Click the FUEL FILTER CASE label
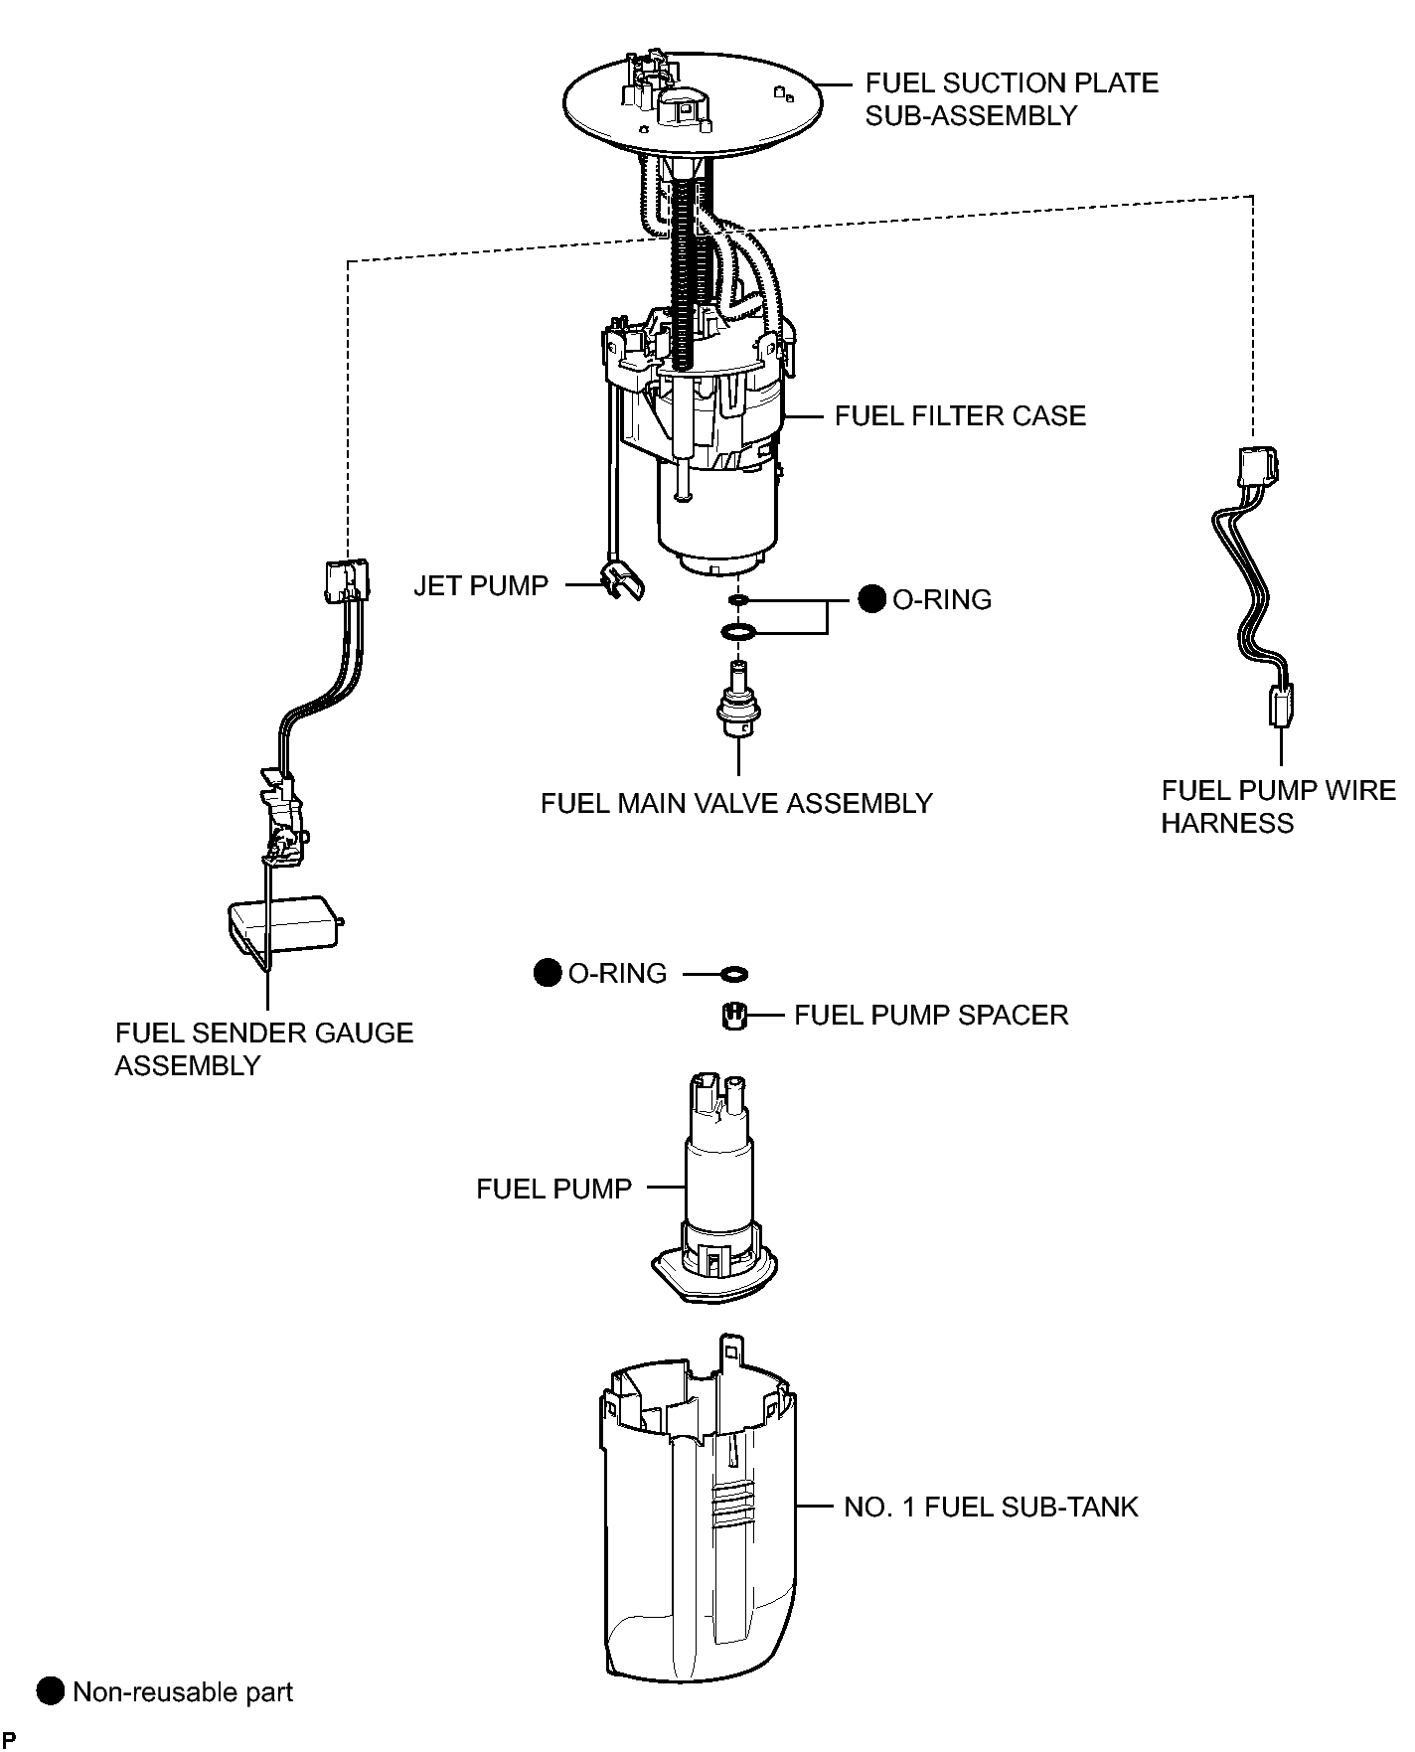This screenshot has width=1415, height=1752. pyautogui.click(x=960, y=415)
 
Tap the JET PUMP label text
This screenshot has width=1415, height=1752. pyautogui.click(x=481, y=585)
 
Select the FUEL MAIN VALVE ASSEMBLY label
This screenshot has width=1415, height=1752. pyautogui.click(x=736, y=803)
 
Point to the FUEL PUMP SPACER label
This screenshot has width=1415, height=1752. pyautogui.click(x=931, y=1015)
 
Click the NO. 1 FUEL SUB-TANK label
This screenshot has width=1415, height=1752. pyautogui.click(x=991, y=1507)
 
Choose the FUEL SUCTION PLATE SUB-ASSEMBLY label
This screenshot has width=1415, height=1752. pyautogui.click(x=1012, y=98)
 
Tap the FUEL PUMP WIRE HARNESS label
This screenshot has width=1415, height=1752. pyautogui.click(x=1279, y=806)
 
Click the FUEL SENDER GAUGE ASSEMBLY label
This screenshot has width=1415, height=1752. pyautogui.click(x=264, y=1048)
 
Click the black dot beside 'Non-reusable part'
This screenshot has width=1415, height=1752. pyautogui.click(x=50, y=1691)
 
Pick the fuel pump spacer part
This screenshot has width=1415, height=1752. pyautogui.click(x=732, y=1017)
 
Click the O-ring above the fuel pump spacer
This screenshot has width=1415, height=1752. pyautogui.click(x=733, y=973)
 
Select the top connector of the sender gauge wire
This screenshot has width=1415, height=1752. pyautogui.click(x=348, y=580)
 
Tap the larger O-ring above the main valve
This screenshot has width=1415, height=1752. pyautogui.click(x=736, y=631)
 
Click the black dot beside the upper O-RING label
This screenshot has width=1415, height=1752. pyautogui.click(x=871, y=599)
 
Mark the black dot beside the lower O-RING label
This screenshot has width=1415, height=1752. pyautogui.click(x=548, y=973)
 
